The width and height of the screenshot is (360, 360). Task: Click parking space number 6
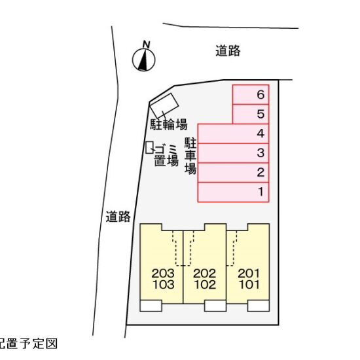[x=251, y=95]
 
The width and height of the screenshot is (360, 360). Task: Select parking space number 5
[x=251, y=114]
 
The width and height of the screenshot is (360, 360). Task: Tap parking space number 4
[x=233, y=134]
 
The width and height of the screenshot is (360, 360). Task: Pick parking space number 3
[x=233, y=153]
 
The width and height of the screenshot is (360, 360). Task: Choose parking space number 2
[x=233, y=173]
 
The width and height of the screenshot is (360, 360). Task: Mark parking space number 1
[x=233, y=192]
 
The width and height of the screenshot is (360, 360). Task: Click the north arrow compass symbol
[x=144, y=60]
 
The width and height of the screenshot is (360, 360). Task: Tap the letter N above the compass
[x=146, y=45]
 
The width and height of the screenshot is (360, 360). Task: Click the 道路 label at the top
[x=228, y=51]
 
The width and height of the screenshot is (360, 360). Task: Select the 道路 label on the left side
[x=118, y=217]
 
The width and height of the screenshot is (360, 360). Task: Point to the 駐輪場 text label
[x=169, y=124]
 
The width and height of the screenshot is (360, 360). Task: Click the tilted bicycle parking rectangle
[x=164, y=105]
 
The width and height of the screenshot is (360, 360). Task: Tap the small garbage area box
[x=150, y=147]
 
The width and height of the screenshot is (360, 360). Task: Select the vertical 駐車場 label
[x=190, y=156]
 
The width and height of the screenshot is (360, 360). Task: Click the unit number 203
[x=163, y=274]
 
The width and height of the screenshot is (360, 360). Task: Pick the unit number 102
[x=205, y=285]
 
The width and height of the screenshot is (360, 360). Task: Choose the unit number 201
[x=249, y=274]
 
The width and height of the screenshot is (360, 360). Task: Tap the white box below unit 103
[x=151, y=306]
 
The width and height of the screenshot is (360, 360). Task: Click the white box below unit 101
[x=259, y=306]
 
